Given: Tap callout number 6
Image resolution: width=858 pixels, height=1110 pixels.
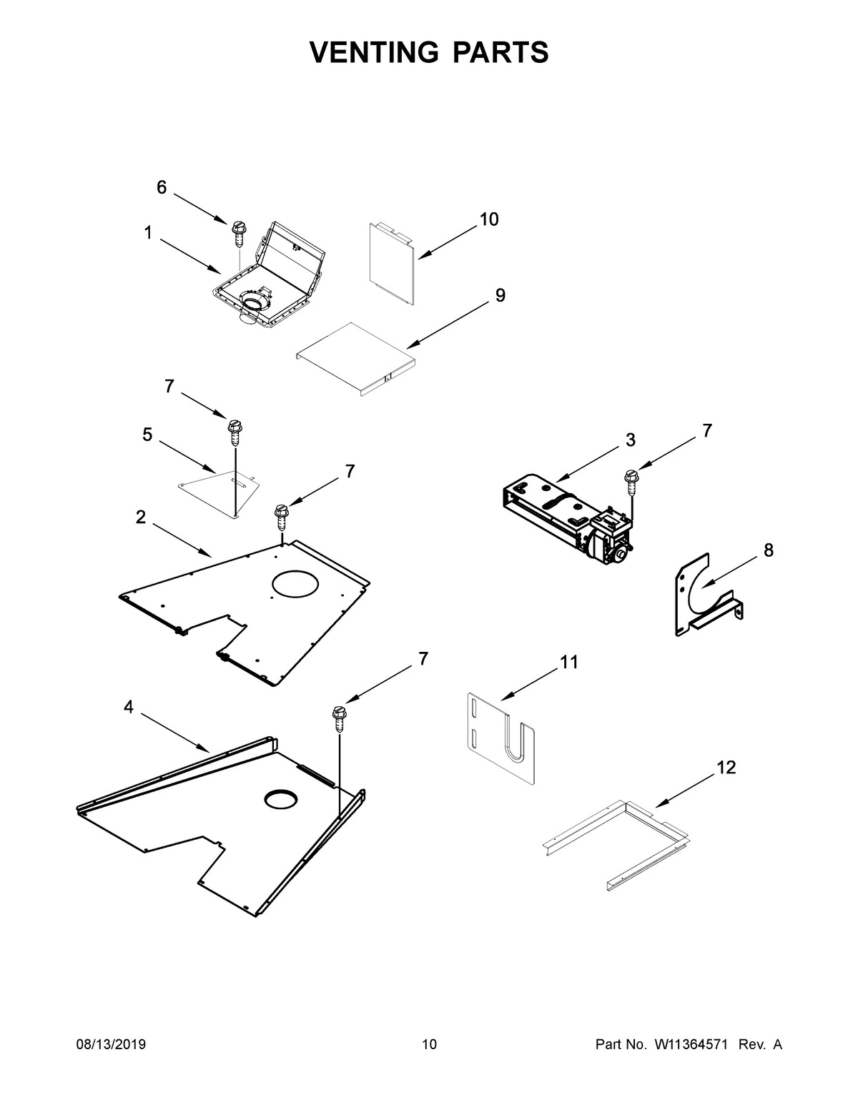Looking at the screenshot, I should click(x=162, y=187).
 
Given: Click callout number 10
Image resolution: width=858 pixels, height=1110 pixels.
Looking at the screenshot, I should click(x=488, y=219).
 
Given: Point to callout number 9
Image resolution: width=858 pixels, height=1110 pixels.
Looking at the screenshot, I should click(x=500, y=295).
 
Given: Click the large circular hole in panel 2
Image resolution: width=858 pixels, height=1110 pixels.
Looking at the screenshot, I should click(x=295, y=583).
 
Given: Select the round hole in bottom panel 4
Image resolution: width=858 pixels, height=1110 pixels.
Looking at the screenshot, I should click(x=282, y=800).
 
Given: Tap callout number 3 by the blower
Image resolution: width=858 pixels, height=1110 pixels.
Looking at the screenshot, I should click(x=630, y=440).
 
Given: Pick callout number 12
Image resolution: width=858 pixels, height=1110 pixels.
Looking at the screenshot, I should click(x=726, y=768).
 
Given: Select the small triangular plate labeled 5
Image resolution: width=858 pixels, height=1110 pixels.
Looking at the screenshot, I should click(x=214, y=487).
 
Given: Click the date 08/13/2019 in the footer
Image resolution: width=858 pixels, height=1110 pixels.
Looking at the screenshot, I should click(x=111, y=1045).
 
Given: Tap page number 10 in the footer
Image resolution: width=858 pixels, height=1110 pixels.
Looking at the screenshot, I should click(x=429, y=1045).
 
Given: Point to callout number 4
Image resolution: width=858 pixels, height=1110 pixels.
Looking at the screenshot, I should click(x=128, y=707).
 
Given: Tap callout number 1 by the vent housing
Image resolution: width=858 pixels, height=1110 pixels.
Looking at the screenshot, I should click(x=147, y=233).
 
